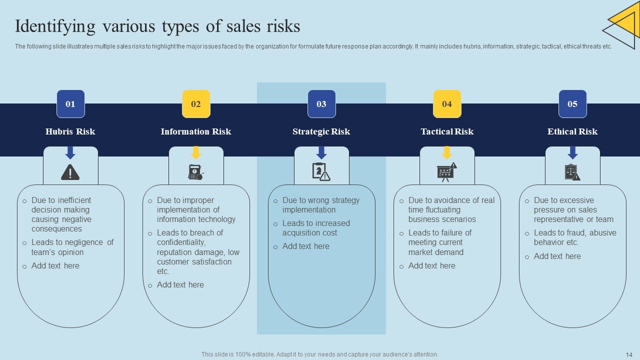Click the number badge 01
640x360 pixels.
[x=70, y=104]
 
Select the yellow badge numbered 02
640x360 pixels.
[x=196, y=104]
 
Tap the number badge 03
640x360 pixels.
[x=321, y=104]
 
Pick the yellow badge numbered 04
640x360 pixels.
[x=447, y=104]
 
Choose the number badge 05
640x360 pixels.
[x=572, y=104]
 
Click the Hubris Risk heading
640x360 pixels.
[x=70, y=131]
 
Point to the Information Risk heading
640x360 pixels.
[x=196, y=131]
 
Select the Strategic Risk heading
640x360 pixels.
[x=321, y=131]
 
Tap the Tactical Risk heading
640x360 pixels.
[x=447, y=131]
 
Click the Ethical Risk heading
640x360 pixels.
[x=572, y=131]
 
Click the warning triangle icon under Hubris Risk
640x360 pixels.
[x=70, y=172]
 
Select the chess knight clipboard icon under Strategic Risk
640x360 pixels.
[x=321, y=172]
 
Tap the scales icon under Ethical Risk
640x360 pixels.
[x=572, y=172]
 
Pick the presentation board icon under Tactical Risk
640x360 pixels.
[x=446, y=172]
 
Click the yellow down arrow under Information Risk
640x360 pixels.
[x=196, y=152]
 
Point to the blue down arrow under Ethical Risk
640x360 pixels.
[x=572, y=152]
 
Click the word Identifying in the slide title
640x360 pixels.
[x=55, y=26]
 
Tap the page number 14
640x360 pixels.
[x=629, y=354]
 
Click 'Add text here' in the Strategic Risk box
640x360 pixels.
[x=305, y=246]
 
